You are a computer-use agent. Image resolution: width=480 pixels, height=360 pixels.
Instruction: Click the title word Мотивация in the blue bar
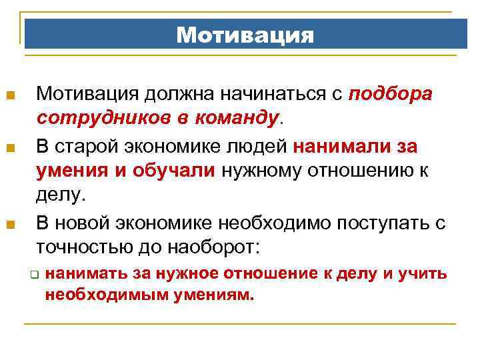(x=245, y=35)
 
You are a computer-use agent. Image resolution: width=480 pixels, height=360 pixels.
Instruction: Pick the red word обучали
(x=177, y=170)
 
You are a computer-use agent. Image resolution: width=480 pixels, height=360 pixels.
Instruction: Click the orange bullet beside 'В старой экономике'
(x=10, y=146)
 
